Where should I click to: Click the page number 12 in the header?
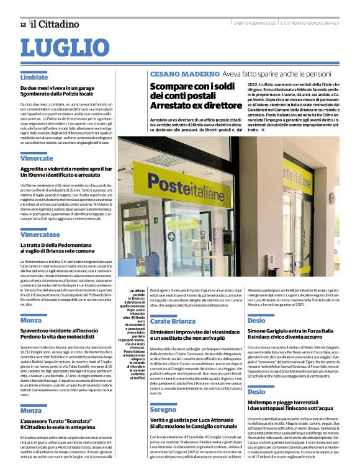tap(22, 24)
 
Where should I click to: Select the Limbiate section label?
tap(34, 78)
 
